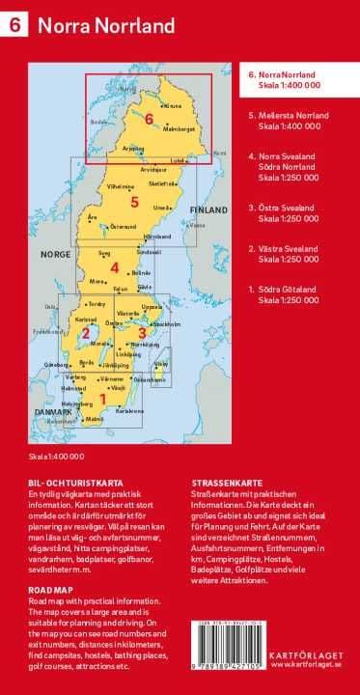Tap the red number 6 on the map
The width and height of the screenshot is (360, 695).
[x=149, y=119]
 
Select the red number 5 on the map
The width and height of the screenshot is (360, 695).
[x=135, y=202]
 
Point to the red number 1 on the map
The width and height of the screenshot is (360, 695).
[x=103, y=397]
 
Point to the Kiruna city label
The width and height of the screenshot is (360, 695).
[x=175, y=104]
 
